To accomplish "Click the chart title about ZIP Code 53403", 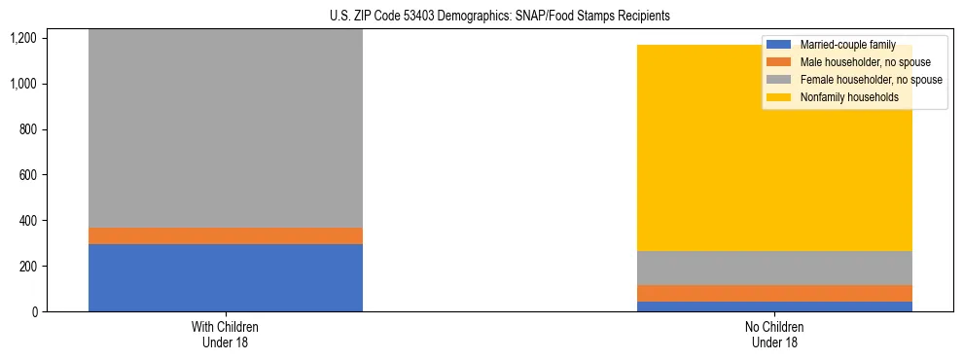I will [x=481, y=17].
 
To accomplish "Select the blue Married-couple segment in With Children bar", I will [x=225, y=277].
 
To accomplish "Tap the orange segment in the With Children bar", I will [x=225, y=235].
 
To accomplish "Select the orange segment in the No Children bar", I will [x=775, y=293].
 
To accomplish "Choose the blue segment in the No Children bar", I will [x=775, y=306].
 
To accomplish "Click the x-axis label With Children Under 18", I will [x=225, y=334].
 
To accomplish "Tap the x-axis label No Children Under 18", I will [x=775, y=334].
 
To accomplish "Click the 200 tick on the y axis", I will [x=28, y=266].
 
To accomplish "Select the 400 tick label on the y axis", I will [x=28, y=221].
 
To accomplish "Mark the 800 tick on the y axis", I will [x=28, y=129].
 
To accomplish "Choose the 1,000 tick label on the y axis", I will [x=24, y=84].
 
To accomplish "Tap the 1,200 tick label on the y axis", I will [x=24, y=38].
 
